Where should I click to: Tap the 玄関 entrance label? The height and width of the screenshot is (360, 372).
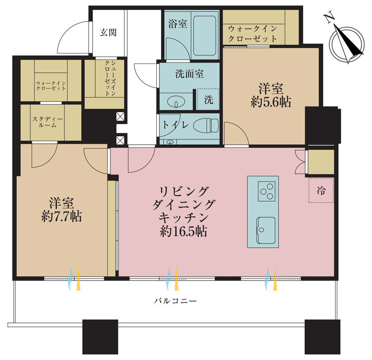pos(108,33)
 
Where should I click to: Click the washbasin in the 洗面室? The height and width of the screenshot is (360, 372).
pos(176,103)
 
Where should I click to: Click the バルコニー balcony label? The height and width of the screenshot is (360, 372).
pos(175,301)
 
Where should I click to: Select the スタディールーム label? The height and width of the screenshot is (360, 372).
pos(48,122)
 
